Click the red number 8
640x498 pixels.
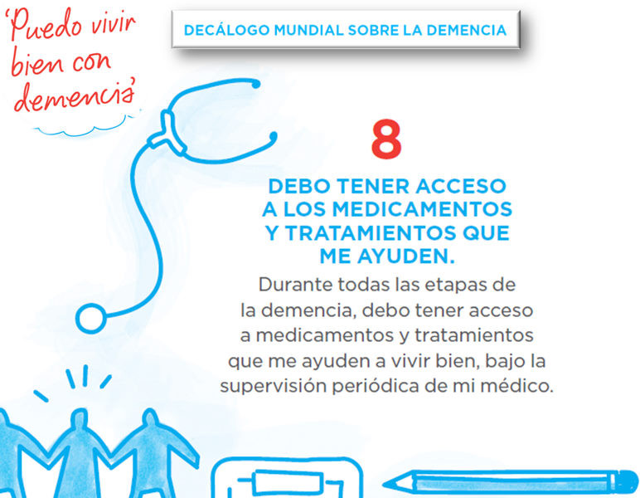[x=386, y=139]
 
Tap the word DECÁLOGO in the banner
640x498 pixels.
[x=226, y=30]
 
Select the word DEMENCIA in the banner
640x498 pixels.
[x=467, y=30]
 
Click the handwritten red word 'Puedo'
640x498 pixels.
[x=45, y=26]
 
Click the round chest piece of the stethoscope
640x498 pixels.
[x=91, y=318]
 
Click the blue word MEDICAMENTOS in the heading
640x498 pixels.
[x=422, y=210]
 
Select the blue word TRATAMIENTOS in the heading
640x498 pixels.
[x=371, y=233]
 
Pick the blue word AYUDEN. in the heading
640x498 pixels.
[x=405, y=256]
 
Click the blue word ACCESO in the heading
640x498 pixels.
[x=461, y=186]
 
